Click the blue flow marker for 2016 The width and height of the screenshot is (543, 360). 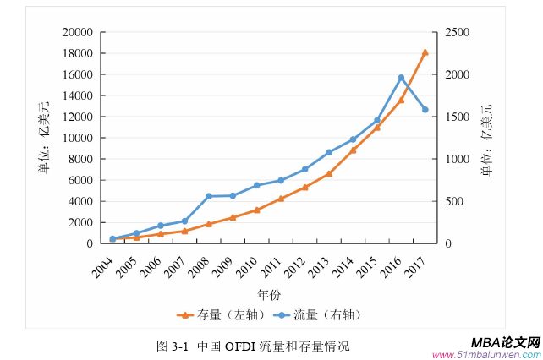click(401, 78)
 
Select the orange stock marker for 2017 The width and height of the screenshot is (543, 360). click(425, 52)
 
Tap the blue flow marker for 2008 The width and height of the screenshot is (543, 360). click(209, 196)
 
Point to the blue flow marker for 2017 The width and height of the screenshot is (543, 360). click(425, 110)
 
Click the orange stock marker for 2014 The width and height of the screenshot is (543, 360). click(354, 150)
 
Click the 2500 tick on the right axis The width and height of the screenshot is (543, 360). click(455, 32)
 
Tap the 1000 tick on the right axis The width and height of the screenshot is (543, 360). click(455, 159)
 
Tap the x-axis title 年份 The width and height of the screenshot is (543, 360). click(269, 294)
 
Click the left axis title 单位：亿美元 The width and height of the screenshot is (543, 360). click(43, 138)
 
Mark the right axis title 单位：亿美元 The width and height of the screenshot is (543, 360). click(486, 138)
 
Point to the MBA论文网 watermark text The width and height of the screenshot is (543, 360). click(504, 342)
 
